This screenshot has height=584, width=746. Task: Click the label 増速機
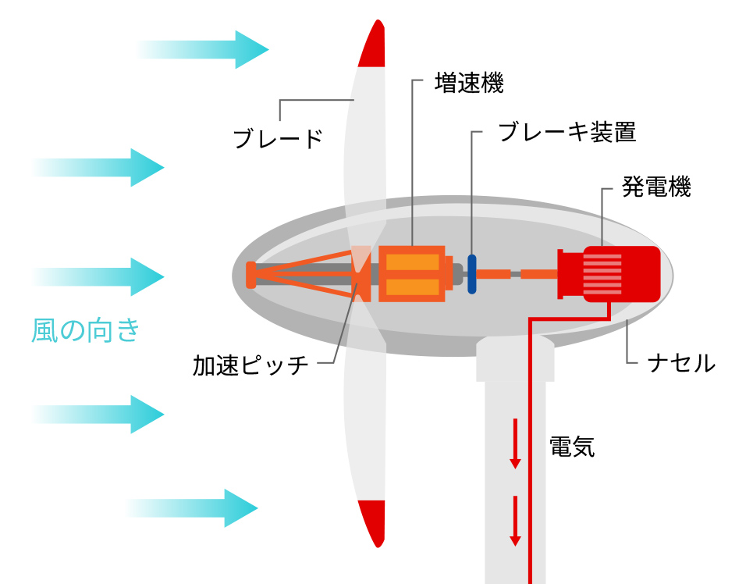coord(469,84)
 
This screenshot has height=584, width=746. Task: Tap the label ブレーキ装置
coord(567,132)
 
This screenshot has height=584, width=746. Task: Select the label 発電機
coord(656,187)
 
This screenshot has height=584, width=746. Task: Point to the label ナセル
coord(682,363)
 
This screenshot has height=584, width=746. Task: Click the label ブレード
coord(278,139)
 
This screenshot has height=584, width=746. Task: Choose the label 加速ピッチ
coord(250,365)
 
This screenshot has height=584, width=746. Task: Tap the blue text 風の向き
coord(86,330)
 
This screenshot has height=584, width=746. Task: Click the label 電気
coord(572,447)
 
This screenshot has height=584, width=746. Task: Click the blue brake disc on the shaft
coord(471,274)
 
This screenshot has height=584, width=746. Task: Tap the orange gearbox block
coord(412,274)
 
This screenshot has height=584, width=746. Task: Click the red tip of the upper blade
coord(372,45)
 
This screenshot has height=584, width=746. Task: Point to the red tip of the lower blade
coord(372,522)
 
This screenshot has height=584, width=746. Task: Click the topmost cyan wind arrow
coord(203,49)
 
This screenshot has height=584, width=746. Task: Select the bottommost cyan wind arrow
coord(192,507)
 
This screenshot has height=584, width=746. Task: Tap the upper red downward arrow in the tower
coord(515,443)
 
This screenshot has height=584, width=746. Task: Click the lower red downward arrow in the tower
coord(515,521)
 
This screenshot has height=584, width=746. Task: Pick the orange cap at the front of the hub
coord(250,275)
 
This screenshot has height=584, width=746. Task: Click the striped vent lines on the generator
coord(602,274)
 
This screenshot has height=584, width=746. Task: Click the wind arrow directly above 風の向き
coord(98,276)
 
